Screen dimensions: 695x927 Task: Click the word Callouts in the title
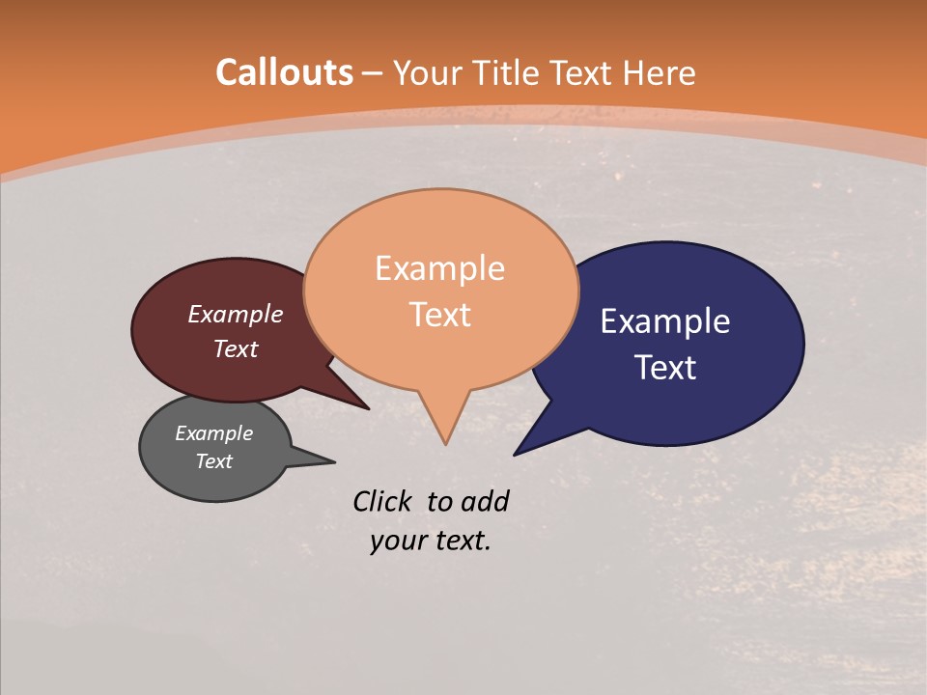pyautogui.click(x=284, y=72)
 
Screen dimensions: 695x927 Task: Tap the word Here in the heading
pyautogui.click(x=660, y=72)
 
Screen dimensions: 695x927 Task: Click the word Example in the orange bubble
pyautogui.click(x=439, y=267)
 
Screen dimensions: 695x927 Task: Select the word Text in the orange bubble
pyautogui.click(x=439, y=315)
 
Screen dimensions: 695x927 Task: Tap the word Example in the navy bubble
pyautogui.click(x=664, y=320)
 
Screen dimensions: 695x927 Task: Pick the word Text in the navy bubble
pyautogui.click(x=665, y=368)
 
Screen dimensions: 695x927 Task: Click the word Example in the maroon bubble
pyautogui.click(x=235, y=314)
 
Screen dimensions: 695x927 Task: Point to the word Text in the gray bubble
pyautogui.click(x=213, y=461)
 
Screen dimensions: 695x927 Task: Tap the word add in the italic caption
pyautogui.click(x=485, y=501)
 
